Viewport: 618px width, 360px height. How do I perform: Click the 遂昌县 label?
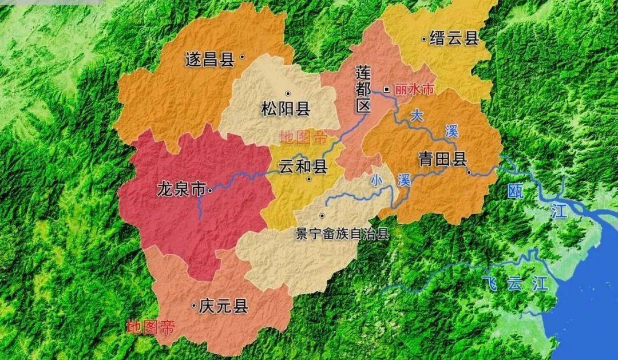pyautogui.click(x=209, y=60)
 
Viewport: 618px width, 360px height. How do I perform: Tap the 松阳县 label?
pyautogui.click(x=285, y=109)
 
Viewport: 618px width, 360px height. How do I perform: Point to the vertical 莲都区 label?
pyautogui.click(x=363, y=89)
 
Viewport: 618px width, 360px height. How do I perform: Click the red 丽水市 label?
pyautogui.click(x=414, y=89)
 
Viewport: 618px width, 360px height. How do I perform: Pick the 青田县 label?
pyautogui.click(x=442, y=160)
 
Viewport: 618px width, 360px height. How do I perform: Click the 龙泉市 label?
pyautogui.click(x=180, y=189)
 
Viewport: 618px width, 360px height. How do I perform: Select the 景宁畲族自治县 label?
pyautogui.click(x=342, y=234)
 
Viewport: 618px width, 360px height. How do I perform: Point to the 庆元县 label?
pyautogui.click(x=223, y=307)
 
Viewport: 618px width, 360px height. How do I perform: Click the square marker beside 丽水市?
pyautogui.click(x=387, y=89)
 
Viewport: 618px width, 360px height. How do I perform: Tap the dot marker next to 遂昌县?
pyautogui.click(x=242, y=57)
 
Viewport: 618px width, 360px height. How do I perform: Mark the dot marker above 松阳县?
pyautogui.click(x=287, y=93)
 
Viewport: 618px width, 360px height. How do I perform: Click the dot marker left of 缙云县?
pyautogui.click(x=423, y=39)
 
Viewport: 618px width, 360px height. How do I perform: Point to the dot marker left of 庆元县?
pyautogui.click(x=194, y=306)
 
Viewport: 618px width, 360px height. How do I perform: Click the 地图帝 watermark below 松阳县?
pyautogui.click(x=303, y=137)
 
